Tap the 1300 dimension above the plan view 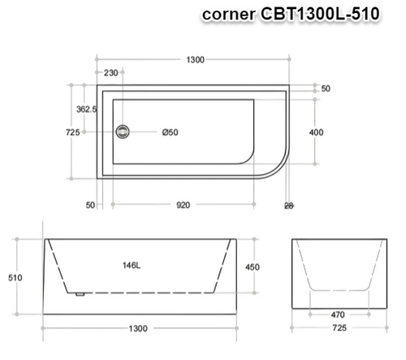pos(194,60)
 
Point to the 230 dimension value pos(111,73)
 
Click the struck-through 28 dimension pos(289,205)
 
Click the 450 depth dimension pos(253,267)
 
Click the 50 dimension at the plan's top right pos(325,89)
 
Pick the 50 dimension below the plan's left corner pos(89,205)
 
